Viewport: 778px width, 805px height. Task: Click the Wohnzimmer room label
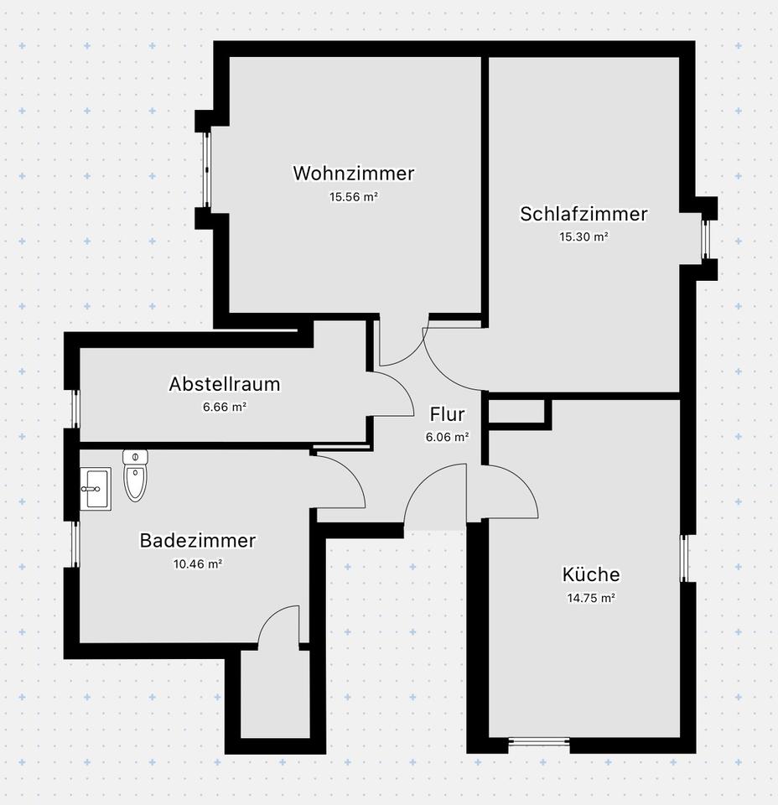point(353,174)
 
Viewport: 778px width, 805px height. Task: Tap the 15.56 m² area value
point(353,197)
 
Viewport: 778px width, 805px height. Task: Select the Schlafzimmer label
point(583,214)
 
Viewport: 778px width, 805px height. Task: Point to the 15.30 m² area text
point(583,236)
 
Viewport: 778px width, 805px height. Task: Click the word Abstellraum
point(224,384)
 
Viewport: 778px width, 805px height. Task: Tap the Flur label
point(447,413)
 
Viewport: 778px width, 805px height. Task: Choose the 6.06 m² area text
point(447,436)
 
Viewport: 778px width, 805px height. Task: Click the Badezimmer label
point(197,541)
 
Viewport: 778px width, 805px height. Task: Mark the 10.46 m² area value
point(197,563)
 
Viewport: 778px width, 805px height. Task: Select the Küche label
point(591,574)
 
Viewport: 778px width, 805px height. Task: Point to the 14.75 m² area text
point(591,598)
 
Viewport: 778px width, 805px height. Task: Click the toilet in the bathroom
point(135,475)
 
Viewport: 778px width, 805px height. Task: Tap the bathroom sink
point(95,488)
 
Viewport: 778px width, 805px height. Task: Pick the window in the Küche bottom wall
point(539,740)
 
